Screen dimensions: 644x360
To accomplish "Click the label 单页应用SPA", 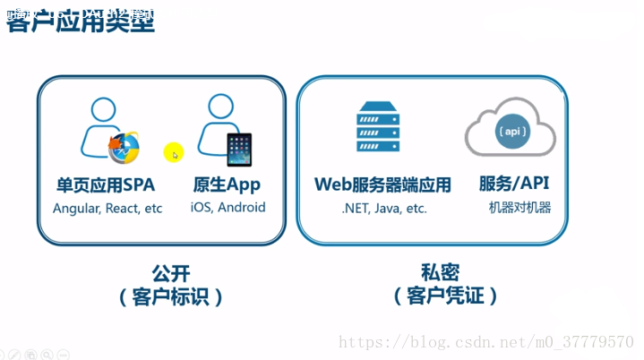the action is (106, 185).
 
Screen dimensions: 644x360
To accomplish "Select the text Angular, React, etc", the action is (107, 208).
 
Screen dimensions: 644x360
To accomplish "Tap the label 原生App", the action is (228, 185).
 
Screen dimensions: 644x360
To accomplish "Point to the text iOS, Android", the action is (228, 207).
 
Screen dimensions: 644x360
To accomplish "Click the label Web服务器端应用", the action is (382, 185).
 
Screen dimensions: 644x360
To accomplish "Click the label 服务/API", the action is (514, 184).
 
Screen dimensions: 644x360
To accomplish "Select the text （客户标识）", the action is (170, 296).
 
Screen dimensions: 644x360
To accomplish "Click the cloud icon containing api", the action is (511, 132).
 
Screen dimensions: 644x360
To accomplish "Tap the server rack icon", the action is (378, 127).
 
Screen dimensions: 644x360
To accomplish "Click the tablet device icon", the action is (239, 150).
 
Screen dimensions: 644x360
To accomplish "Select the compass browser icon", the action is (124, 149).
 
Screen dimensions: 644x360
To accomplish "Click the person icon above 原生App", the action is (219, 121).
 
